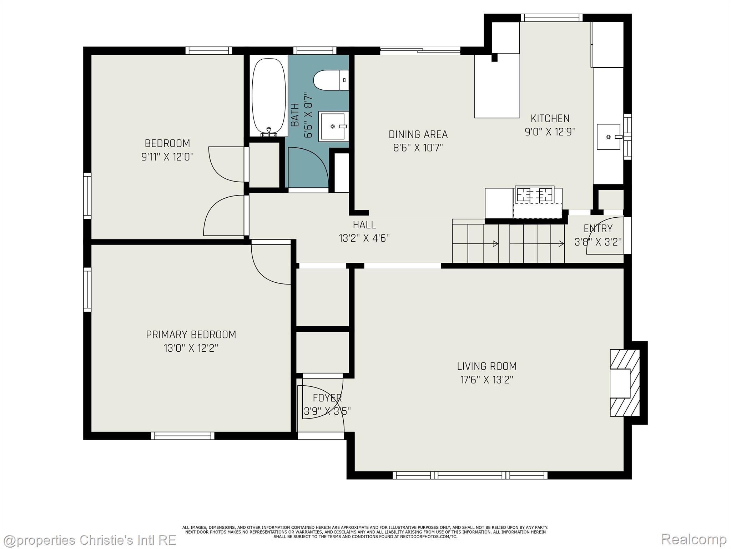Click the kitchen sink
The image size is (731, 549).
pyautogui.click(x=609, y=137)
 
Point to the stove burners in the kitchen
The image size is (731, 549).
pyautogui.click(x=534, y=194)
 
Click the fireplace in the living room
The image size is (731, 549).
pyautogui.click(x=625, y=382)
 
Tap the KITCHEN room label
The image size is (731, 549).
pyautogui.click(x=550, y=118)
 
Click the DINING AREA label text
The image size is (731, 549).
pyautogui.click(x=418, y=134)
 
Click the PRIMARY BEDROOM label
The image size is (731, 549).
pyautogui.click(x=191, y=335)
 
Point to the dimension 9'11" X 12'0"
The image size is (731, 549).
pyautogui.click(x=167, y=157)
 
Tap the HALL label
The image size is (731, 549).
pyautogui.click(x=364, y=225)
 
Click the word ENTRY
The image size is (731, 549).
pyautogui.click(x=598, y=228)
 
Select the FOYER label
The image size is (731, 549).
pyautogui.click(x=327, y=398)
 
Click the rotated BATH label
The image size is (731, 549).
pyautogui.click(x=295, y=115)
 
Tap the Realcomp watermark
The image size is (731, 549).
pyautogui.click(x=694, y=539)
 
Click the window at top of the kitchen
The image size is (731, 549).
pyautogui.click(x=551, y=18)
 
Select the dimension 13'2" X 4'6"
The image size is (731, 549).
pyautogui.click(x=364, y=238)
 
